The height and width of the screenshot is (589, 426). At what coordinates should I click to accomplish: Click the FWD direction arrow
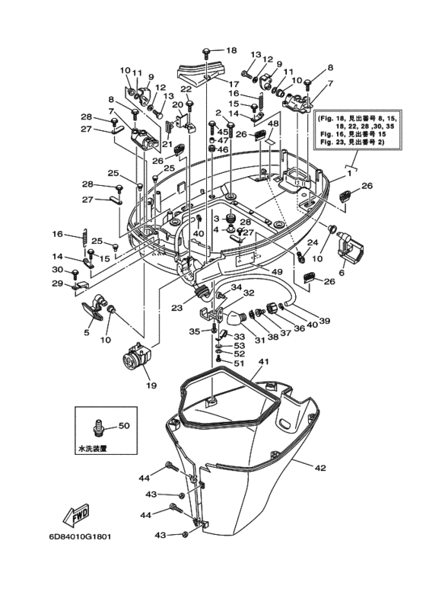[78, 517]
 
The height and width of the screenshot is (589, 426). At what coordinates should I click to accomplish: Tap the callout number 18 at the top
[231, 50]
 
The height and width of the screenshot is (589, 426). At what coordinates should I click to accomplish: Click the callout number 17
[234, 84]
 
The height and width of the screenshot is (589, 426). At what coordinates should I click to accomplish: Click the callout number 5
[86, 332]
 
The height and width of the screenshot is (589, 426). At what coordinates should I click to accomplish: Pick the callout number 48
[273, 123]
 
